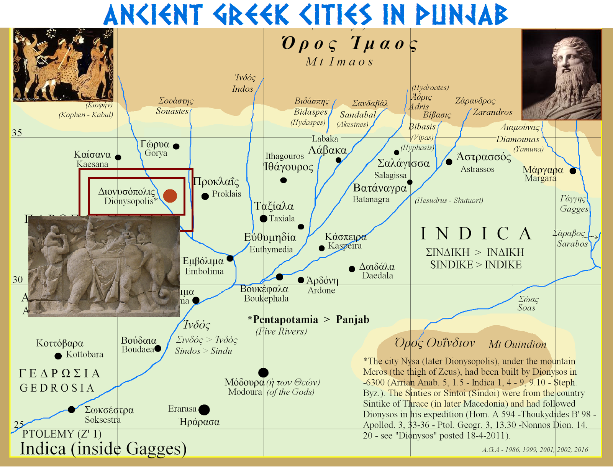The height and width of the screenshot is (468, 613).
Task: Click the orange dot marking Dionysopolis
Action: coord(170,196)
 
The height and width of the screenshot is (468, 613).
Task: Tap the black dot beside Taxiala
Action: coord(263,219)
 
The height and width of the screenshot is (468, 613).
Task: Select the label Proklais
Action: coord(226,194)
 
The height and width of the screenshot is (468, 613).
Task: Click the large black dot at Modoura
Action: coord(263,372)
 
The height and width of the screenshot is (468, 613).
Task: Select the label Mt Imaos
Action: coord(339,61)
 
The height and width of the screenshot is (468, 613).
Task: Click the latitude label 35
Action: coord(17,133)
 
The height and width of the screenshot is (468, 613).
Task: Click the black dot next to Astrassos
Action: coord(449,162)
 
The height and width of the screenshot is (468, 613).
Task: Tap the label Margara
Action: coord(540,178)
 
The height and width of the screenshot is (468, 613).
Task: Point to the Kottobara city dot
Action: coord(58,356)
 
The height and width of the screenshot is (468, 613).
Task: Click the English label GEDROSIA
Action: coord(57,388)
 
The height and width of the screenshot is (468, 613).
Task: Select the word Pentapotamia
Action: coord(285,320)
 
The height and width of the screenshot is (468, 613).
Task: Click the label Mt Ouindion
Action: coord(517,344)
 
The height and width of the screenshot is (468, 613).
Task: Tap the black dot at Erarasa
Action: coord(204,410)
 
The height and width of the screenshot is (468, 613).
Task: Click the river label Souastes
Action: coord(172,111)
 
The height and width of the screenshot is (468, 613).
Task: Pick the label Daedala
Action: coord(377,275)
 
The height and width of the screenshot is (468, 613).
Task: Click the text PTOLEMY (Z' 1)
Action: coord(62,434)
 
